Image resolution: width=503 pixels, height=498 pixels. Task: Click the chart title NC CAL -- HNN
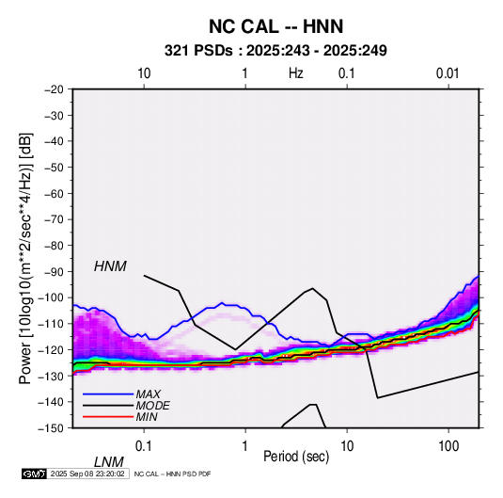[275, 26]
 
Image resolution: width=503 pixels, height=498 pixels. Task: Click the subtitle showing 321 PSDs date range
[275, 51]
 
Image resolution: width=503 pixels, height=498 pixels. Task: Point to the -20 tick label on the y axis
[55, 89]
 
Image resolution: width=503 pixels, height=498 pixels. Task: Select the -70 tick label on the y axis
[55, 219]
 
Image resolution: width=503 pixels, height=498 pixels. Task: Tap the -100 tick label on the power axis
[52, 297]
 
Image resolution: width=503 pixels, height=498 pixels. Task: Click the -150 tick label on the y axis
[52, 428]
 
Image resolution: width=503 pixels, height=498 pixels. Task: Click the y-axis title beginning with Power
[25, 259]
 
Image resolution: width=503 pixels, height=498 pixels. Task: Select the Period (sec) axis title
[296, 457]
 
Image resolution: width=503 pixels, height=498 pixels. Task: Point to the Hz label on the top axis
[296, 73]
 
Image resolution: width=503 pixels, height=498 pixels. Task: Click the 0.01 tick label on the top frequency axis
[448, 73]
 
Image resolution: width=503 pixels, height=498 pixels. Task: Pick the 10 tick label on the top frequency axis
[144, 73]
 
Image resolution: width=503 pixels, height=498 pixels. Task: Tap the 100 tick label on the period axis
[448, 446]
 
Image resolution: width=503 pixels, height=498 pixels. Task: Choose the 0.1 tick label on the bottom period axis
[144, 446]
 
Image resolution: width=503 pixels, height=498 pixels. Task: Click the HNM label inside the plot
[110, 266]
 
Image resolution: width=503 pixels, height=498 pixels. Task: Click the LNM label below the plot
[109, 462]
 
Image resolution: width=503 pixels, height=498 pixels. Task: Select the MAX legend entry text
[149, 394]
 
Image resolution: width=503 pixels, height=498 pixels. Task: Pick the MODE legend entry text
[152, 406]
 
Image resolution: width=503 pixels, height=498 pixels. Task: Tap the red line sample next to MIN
[108, 417]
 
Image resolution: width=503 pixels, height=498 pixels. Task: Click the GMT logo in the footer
[35, 474]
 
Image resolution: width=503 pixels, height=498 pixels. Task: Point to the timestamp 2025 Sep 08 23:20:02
[87, 474]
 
